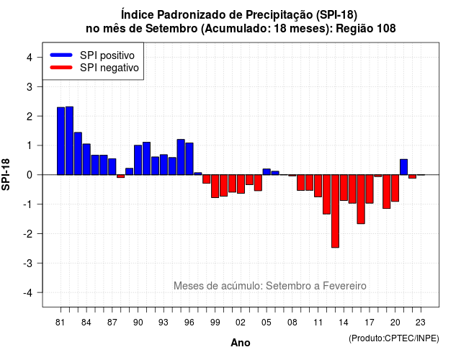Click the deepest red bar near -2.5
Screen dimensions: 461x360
point(335,211)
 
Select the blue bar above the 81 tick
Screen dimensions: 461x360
point(61,141)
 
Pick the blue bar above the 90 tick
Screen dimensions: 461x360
point(138,160)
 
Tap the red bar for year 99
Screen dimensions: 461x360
point(215,186)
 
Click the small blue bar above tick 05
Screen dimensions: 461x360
point(267,172)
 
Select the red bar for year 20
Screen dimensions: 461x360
point(395,188)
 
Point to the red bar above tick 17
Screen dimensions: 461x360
point(370,189)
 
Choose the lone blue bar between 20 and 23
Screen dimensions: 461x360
point(403,167)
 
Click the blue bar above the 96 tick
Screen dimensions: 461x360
point(189,158)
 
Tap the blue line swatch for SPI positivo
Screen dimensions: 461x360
point(61,55)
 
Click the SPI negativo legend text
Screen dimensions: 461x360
point(109,68)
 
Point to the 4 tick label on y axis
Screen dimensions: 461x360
point(30,58)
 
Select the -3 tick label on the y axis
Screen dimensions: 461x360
point(27,264)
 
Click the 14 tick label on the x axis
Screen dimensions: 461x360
point(344,323)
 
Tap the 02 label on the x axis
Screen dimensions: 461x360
point(241,323)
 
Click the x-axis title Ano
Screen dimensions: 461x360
point(241,343)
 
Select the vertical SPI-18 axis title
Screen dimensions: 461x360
point(6,174)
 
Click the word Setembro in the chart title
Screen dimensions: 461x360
point(171,29)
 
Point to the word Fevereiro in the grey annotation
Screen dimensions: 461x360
point(344,286)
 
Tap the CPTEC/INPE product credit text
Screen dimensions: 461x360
point(394,338)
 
